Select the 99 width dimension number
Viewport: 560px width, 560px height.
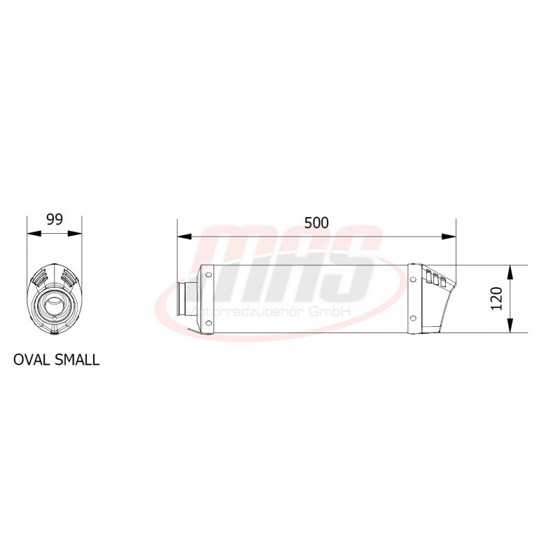[54, 219]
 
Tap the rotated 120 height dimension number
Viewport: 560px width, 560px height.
[497, 299]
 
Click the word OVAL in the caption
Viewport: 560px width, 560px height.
[31, 360]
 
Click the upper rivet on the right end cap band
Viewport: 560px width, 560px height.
[414, 279]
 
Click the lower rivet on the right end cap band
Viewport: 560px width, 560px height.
[414, 319]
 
